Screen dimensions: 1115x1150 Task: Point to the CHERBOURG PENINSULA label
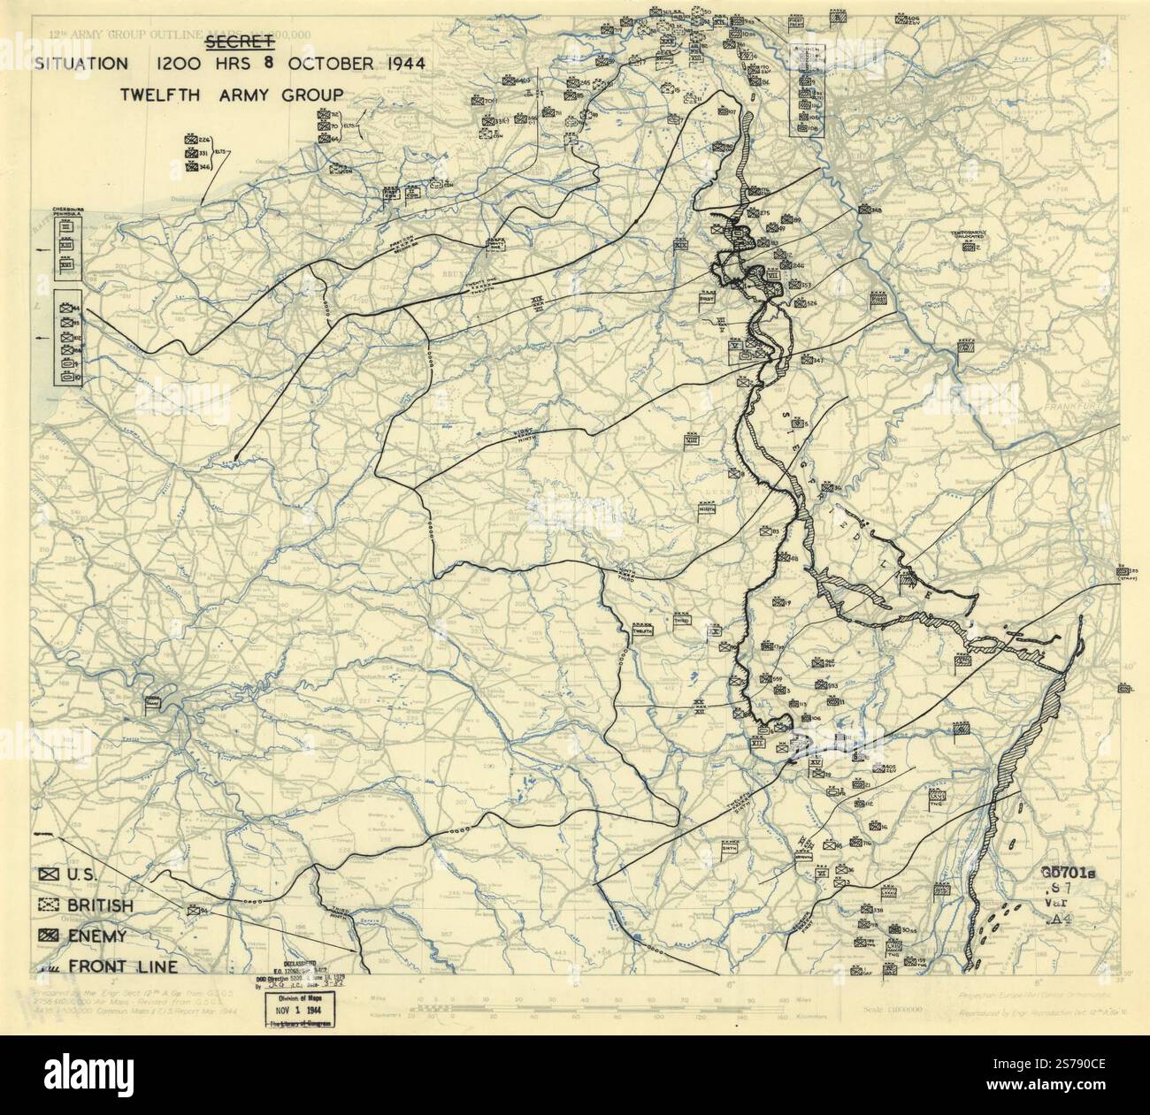click(x=67, y=212)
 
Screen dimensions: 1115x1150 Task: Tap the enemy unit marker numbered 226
click(x=191, y=139)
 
